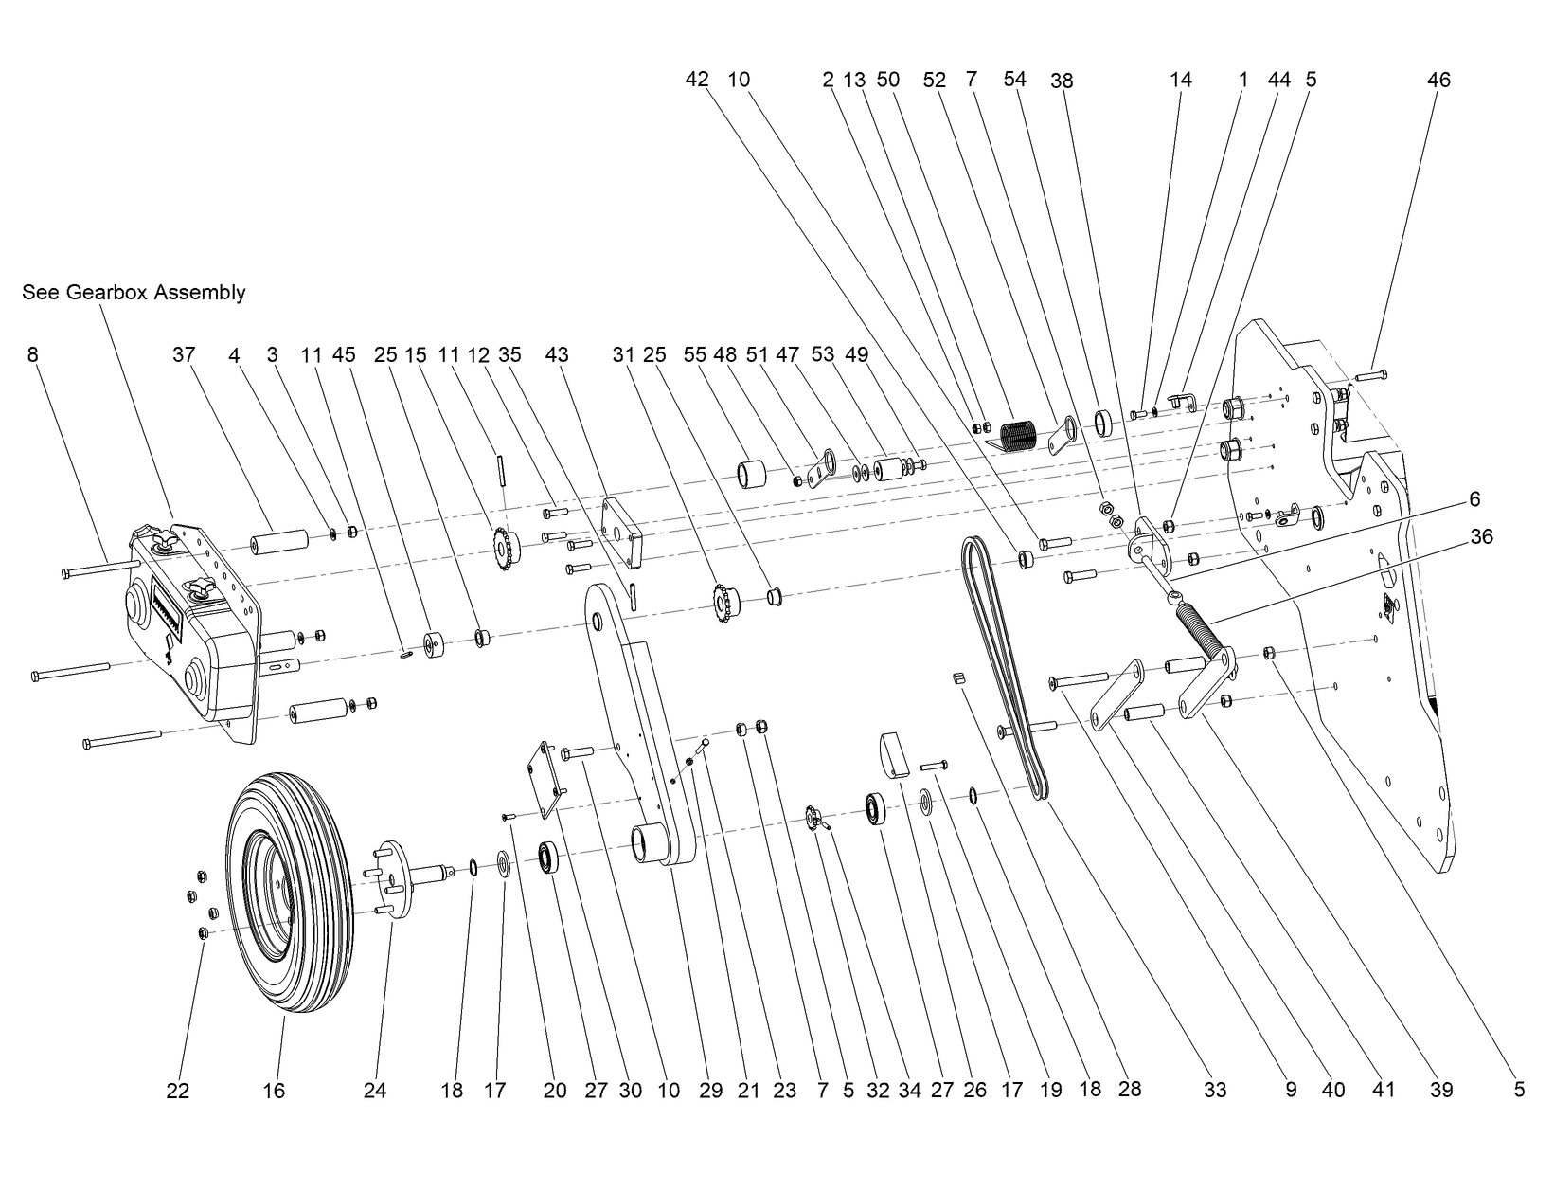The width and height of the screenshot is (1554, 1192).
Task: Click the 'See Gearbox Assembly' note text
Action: [134, 293]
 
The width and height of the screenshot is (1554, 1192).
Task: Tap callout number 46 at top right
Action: [1438, 81]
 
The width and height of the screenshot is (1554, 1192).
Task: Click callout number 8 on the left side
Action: [33, 354]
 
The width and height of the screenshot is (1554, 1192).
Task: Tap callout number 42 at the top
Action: [696, 81]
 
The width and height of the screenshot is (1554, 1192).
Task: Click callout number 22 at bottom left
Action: [177, 1092]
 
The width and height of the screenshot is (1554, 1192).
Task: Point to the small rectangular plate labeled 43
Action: [621, 533]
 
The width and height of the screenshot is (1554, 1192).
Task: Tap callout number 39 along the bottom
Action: [1440, 1091]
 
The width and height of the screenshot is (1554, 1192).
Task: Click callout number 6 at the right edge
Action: [1474, 499]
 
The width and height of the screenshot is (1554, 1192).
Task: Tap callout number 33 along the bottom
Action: [1215, 1091]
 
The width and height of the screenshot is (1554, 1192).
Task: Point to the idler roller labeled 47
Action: [890, 471]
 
